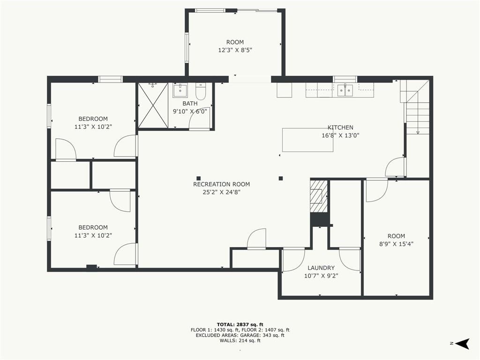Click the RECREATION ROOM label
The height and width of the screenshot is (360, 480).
click(221, 184)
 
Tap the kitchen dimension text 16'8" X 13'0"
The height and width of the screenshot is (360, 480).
click(340, 135)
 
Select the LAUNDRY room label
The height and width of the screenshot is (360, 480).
click(321, 268)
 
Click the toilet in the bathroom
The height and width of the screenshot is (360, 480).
click(201, 91)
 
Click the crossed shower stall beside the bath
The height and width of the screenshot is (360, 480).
click(153, 105)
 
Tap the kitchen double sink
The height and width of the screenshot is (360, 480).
click(345, 90)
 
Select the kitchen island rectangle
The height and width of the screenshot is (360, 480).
click(307, 140)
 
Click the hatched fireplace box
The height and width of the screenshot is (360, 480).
click(319, 196)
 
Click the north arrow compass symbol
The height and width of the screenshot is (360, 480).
click(463, 343)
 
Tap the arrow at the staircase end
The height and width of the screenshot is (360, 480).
click(418, 132)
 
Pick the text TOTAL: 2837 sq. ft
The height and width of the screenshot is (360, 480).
click(240, 324)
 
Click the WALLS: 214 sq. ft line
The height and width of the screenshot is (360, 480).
click(240, 340)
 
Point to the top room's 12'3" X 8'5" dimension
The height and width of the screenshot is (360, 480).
click(235, 50)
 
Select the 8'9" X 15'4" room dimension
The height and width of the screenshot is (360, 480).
click(396, 244)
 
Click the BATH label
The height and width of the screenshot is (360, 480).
click(190, 104)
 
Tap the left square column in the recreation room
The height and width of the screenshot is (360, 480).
click(198, 178)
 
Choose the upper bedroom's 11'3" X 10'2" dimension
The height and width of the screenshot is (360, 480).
click(93, 127)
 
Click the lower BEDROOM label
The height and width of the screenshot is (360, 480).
click(93, 227)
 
